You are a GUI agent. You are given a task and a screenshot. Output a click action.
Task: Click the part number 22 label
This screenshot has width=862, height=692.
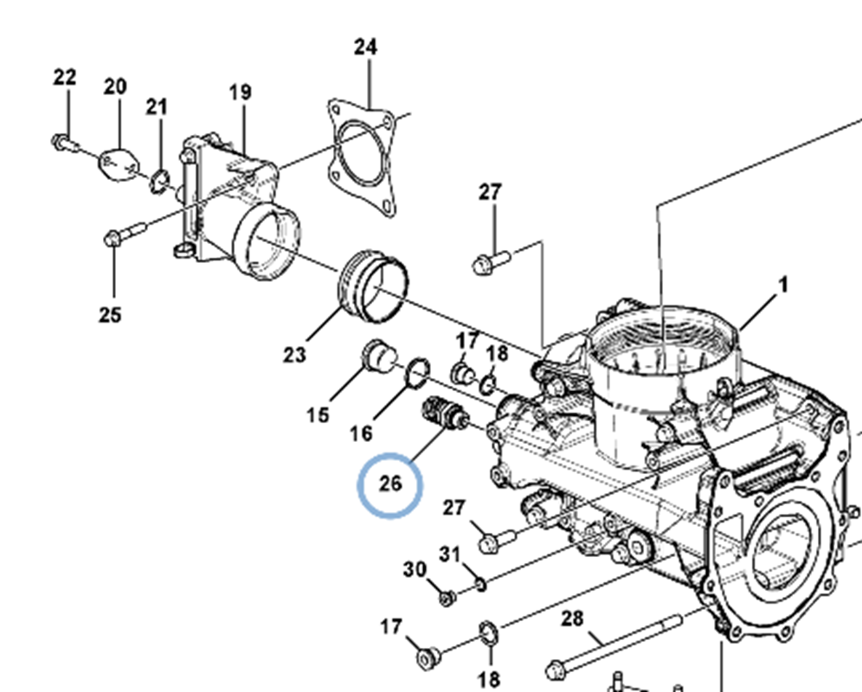click(64, 78)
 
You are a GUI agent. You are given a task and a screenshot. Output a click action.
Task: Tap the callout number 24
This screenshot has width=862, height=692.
click(365, 48)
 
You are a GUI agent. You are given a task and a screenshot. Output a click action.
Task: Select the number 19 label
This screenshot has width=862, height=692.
click(241, 93)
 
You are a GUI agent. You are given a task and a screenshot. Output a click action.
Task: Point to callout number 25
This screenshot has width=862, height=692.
click(110, 315)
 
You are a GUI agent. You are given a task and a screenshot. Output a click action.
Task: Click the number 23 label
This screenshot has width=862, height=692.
click(294, 355)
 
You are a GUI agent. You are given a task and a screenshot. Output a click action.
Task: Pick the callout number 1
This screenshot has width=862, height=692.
click(783, 285)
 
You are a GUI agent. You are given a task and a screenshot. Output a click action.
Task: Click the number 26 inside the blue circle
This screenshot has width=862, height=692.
click(390, 484)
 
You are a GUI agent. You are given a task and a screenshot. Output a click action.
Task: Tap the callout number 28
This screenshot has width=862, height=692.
click(572, 619)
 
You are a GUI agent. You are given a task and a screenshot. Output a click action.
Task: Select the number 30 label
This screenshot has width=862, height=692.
click(415, 570)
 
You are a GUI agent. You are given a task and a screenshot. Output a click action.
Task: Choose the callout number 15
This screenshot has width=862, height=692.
click(318, 415)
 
